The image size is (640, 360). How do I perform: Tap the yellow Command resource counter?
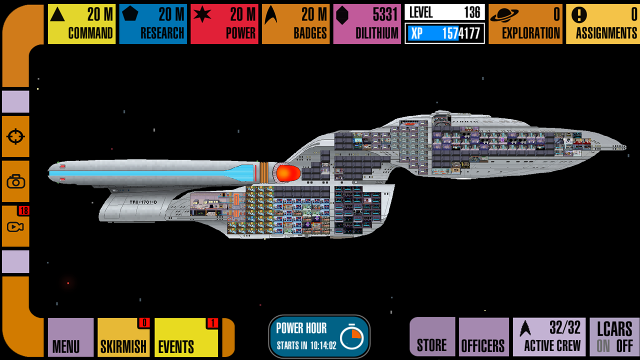(81, 23)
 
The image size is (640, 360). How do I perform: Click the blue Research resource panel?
(153, 23)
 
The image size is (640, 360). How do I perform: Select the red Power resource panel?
(224, 23)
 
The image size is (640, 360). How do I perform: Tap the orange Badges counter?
(296, 23)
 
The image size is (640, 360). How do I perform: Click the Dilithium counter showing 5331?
(367, 23)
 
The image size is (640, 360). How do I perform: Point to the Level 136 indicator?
(444, 12)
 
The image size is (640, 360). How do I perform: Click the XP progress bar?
(444, 33)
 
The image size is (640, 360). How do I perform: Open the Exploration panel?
(525, 23)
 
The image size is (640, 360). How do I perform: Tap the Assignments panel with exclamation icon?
(602, 23)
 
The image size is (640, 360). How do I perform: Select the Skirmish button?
(123, 337)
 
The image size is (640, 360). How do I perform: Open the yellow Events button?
(186, 337)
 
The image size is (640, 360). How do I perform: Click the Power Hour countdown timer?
(319, 336)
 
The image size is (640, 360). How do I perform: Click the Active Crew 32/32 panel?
(549, 337)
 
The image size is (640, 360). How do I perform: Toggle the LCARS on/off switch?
(614, 337)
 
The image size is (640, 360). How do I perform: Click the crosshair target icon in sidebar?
(15, 136)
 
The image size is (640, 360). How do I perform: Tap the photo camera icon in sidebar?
(15, 181)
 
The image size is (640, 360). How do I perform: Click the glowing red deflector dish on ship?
(288, 173)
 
